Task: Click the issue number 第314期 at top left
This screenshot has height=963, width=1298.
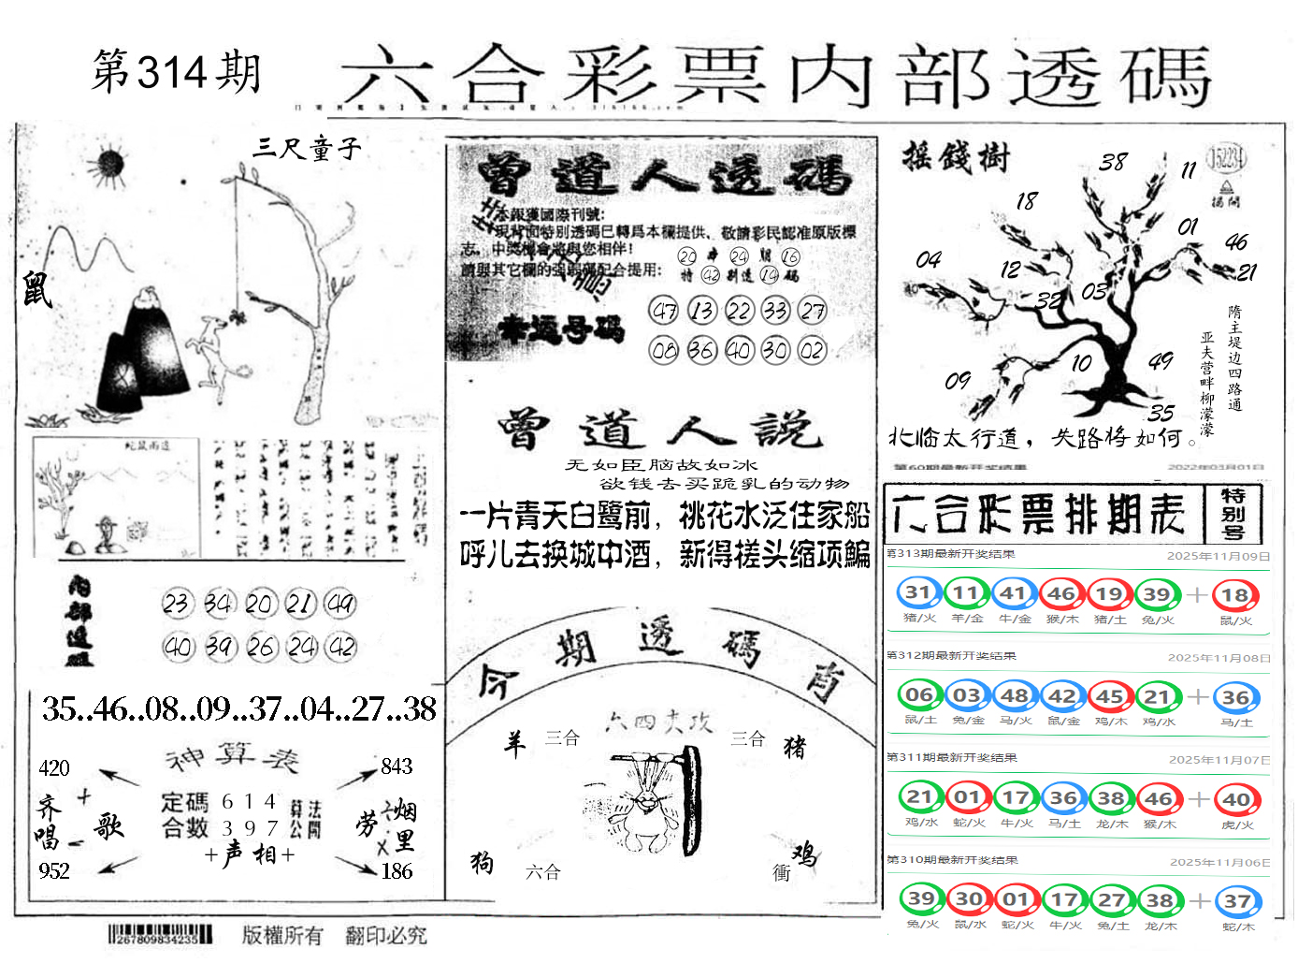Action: coord(176,72)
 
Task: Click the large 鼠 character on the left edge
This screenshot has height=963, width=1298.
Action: coord(37,288)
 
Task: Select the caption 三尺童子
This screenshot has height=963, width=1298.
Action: coord(307,148)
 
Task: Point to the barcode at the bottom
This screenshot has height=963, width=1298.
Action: coord(160,934)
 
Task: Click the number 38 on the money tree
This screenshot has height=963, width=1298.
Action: coord(1113,162)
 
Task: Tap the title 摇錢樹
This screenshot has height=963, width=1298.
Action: coord(956,156)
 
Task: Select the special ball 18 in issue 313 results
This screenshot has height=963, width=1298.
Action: coord(1235,595)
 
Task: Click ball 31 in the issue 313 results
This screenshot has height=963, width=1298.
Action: coord(918,593)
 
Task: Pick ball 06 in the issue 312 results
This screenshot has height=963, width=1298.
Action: coord(919,695)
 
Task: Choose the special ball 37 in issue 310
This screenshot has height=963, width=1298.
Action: coord(1237,901)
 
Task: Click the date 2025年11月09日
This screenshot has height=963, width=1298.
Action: coord(1218,556)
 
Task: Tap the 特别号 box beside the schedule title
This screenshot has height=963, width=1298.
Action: coord(1233,514)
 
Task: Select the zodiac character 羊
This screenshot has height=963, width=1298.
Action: coord(514,744)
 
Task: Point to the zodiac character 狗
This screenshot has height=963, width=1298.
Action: coord(482,862)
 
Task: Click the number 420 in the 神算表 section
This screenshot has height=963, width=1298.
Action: coord(54,768)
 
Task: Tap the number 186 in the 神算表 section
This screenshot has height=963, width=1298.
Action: coord(397,871)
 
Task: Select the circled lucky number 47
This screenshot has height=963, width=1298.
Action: coord(664,311)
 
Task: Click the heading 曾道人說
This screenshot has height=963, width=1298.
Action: coord(659,430)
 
